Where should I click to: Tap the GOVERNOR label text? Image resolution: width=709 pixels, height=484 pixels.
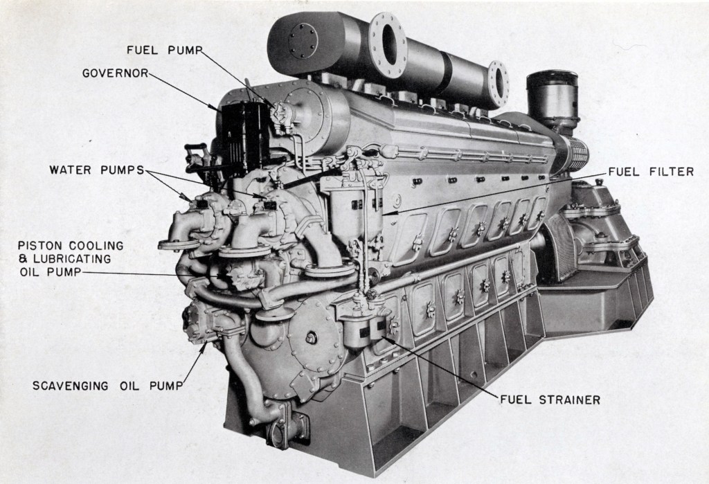(114, 72)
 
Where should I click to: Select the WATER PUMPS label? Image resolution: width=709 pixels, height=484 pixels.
(96, 169)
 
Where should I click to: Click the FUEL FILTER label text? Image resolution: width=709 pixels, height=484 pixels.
(651, 172)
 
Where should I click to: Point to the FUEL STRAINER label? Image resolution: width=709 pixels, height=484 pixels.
(550, 400)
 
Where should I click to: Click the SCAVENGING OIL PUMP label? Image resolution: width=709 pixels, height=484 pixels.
(108, 386)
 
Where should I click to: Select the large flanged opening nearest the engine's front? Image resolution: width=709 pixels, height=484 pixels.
(388, 44)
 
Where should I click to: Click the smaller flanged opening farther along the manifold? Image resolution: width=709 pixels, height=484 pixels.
(497, 84)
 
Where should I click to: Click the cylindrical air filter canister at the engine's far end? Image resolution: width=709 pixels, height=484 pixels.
(552, 97)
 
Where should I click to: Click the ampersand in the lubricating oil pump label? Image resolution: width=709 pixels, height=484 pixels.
(22, 258)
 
